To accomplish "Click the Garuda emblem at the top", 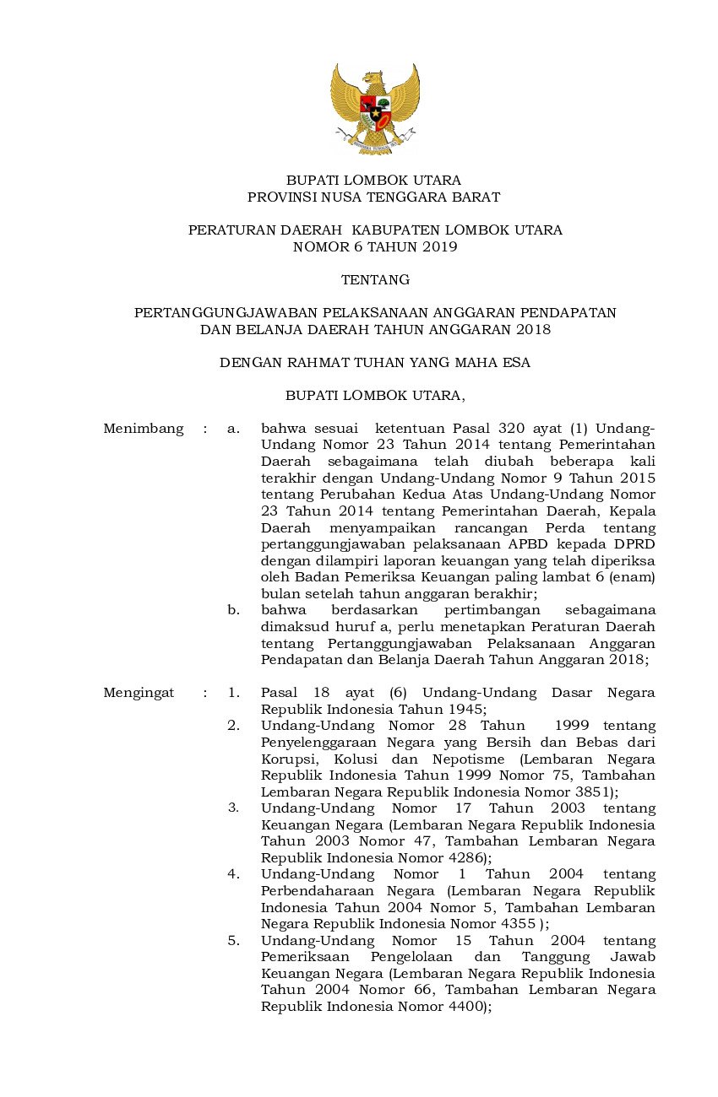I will [374, 108].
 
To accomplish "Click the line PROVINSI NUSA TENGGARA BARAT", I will [373, 197].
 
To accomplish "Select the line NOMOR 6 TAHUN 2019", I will [374, 247].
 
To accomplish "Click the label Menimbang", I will [143, 429].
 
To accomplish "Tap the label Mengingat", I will [139, 693].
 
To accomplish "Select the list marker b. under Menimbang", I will [233, 610].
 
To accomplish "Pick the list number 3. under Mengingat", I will [233, 808].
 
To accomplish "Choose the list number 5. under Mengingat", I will [233, 941].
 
